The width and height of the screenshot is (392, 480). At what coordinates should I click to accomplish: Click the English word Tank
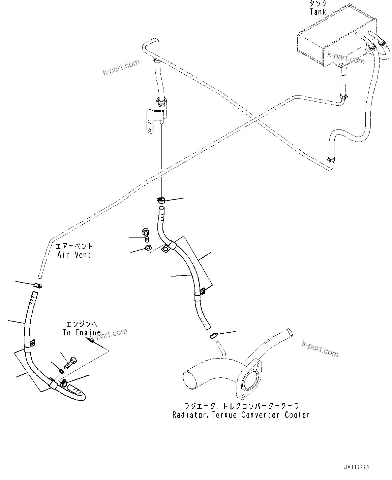click(318, 12)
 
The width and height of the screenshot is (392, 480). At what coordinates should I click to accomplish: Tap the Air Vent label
click(74, 255)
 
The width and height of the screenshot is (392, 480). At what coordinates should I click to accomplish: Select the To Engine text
click(82, 333)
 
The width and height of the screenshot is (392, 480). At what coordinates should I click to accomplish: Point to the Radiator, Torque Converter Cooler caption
click(241, 415)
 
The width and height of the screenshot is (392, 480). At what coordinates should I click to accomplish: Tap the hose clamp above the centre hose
click(161, 200)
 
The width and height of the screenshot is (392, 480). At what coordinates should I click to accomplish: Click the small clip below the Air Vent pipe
click(38, 286)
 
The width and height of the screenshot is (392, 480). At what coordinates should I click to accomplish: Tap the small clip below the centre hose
click(213, 335)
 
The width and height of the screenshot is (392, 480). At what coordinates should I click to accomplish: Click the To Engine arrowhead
click(90, 340)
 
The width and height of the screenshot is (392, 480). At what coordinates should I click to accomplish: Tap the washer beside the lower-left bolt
click(61, 371)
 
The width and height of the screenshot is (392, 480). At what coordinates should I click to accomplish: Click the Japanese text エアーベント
click(74, 247)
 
